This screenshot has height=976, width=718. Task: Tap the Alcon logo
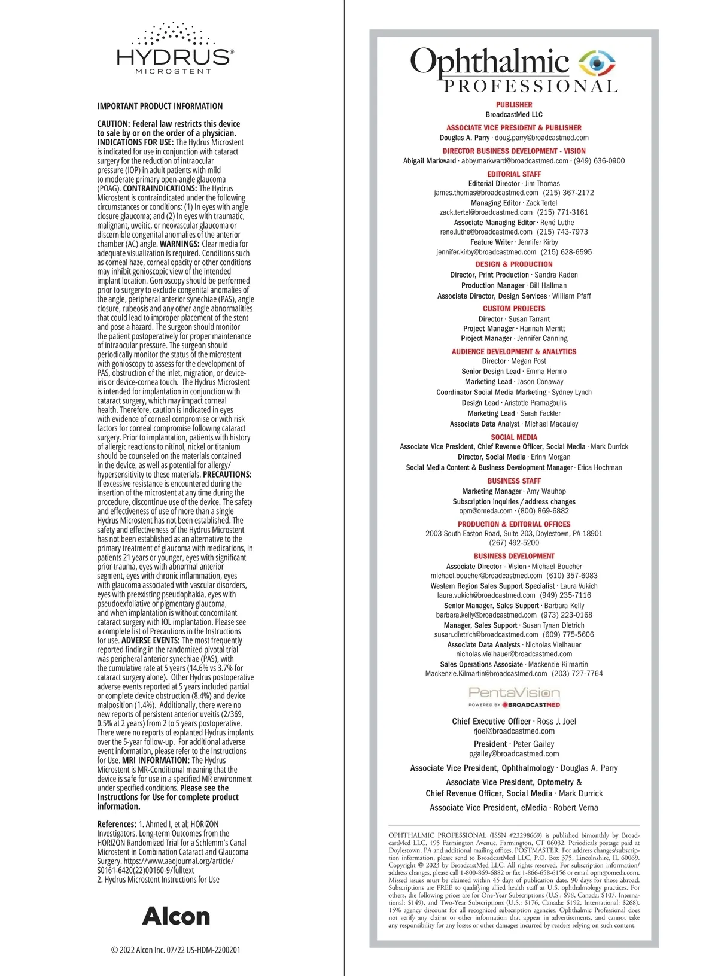click(176, 916)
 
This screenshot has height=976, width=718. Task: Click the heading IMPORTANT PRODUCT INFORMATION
click(160, 106)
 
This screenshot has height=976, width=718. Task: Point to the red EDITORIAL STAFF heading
click(514, 174)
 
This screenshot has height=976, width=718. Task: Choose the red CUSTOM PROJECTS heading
click(514, 309)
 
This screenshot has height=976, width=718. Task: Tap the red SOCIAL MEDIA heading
click(514, 437)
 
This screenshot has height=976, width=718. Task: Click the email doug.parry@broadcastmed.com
click(541, 138)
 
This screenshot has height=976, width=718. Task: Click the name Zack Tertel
click(541, 203)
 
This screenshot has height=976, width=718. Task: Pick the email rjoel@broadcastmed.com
click(514, 731)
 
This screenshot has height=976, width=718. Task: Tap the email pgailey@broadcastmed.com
click(514, 754)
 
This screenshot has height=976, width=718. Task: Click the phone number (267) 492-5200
click(514, 543)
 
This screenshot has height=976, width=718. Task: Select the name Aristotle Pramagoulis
click(536, 403)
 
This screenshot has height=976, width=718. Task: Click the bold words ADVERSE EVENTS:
click(150, 640)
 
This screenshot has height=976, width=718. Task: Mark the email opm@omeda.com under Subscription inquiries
click(486, 511)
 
